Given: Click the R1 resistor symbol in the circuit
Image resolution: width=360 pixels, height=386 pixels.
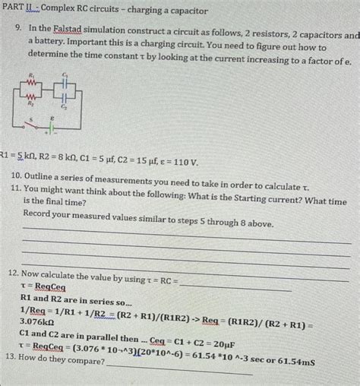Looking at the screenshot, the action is coord(31,82).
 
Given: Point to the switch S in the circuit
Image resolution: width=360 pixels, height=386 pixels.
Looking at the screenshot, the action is coord(33,125).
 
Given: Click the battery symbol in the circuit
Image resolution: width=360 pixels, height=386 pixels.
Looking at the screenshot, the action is coord(52,126).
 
